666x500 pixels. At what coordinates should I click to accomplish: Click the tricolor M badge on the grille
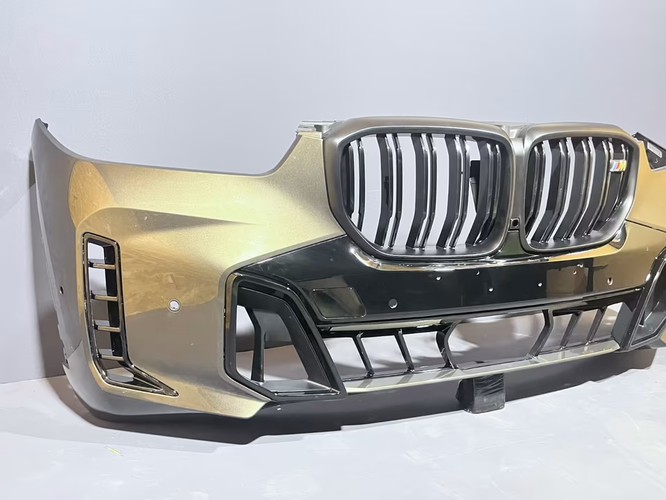(617, 166)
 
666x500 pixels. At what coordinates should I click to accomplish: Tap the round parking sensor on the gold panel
(174, 306)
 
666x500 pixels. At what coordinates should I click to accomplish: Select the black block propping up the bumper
(481, 393)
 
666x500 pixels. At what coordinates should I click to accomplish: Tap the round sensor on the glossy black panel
(393, 303)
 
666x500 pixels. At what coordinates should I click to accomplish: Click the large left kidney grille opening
(423, 191)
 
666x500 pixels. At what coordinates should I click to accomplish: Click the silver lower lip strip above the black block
(479, 368)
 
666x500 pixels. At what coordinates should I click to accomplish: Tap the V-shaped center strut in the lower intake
(444, 344)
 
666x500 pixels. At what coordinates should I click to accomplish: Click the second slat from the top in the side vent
(106, 297)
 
